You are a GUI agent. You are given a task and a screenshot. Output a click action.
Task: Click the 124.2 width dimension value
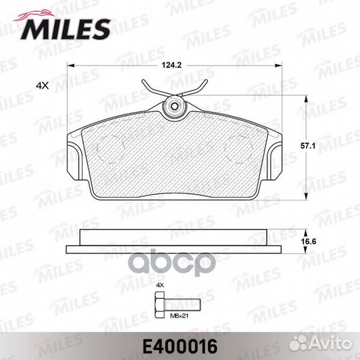click(x=171, y=65)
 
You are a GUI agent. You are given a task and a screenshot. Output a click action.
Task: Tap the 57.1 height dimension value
click(x=308, y=146)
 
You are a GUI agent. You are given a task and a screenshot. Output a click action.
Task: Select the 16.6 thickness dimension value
click(x=309, y=241)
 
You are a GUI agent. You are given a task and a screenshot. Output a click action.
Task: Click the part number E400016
click(x=180, y=347)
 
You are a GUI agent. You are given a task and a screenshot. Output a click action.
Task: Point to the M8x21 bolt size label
click(x=179, y=316)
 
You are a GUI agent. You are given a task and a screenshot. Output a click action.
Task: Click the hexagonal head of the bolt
click(x=160, y=305)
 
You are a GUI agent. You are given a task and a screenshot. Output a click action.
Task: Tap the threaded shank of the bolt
click(x=183, y=305)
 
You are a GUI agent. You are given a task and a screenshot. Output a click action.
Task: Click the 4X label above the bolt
click(x=160, y=285)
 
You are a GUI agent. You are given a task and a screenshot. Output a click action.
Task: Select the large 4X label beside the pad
click(x=43, y=85)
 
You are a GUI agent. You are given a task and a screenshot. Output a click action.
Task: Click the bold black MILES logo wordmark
click(x=65, y=29)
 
